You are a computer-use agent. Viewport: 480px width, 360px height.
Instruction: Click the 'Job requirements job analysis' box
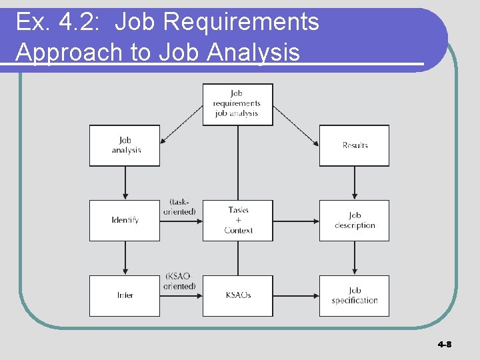tap(237, 104)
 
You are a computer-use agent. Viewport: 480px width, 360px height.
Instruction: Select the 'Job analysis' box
tap(125, 145)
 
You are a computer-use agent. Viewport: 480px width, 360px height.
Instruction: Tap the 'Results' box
tap(354, 145)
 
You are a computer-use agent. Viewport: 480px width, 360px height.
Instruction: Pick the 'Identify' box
tap(125, 220)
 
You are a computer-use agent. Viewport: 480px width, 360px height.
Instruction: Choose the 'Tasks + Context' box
tap(238, 220)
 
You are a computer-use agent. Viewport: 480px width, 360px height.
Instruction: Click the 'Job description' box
tap(354, 220)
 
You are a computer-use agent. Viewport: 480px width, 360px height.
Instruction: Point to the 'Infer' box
tap(125, 295)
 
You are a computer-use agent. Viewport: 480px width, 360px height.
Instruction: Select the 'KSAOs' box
tap(238, 295)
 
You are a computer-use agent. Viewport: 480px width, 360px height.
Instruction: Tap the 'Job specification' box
tap(354, 295)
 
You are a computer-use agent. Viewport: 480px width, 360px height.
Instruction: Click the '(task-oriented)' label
tap(179, 207)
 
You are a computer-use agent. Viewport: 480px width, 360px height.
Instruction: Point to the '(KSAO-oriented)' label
tap(179, 281)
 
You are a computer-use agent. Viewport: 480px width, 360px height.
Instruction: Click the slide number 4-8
tap(445, 345)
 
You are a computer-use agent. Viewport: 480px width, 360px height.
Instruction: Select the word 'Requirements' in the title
tap(241, 22)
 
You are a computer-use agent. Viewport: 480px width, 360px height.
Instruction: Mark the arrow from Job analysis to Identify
tap(125, 183)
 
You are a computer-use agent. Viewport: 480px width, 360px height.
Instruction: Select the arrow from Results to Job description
tap(354, 183)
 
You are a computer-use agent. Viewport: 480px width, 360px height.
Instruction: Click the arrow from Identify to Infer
tap(125, 258)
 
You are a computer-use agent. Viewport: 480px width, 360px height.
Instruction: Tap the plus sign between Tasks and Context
tap(238, 220)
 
